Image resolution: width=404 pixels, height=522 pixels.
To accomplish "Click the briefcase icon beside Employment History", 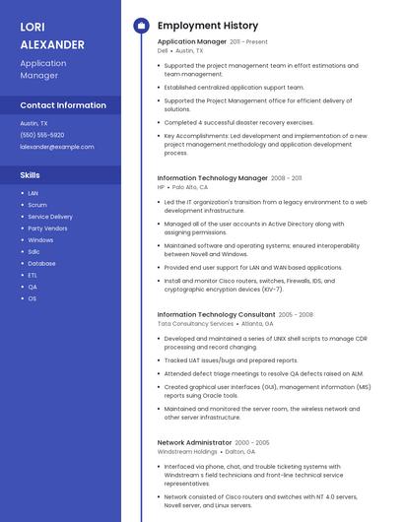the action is pos(141,26).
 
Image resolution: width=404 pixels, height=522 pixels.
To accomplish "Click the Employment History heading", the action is pos(207,26).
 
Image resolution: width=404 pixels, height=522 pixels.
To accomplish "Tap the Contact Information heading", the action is pos(63,105).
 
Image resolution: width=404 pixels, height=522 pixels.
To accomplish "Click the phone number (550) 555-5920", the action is pos(42,135).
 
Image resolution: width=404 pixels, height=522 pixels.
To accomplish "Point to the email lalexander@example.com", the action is pos(57,147).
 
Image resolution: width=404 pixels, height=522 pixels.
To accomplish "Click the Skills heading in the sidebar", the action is pos(30,174).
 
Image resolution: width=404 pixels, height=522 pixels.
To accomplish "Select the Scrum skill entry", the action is pos(37,205).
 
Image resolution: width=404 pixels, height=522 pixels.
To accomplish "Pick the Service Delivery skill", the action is pos(50,217).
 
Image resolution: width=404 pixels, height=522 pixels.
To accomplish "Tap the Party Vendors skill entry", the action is pos(47,228).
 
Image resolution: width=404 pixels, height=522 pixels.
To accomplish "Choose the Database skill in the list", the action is pos(41,263).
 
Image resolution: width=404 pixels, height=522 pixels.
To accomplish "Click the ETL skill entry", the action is pos(33,275).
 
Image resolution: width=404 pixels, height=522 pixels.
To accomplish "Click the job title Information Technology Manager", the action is pos(212,178).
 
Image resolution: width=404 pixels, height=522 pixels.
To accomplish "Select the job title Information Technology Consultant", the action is pos(216,314).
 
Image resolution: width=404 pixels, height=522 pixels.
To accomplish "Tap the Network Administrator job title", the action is pos(194,443).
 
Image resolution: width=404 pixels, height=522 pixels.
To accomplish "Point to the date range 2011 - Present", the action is pos(248,42).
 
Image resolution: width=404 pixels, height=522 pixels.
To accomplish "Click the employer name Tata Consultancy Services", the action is pos(195,323).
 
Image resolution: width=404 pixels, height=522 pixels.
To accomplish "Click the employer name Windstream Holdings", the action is pos(188,452).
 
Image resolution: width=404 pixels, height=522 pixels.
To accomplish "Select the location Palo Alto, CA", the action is pos(190,187).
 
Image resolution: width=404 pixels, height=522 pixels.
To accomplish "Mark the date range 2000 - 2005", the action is pos(252,443).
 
